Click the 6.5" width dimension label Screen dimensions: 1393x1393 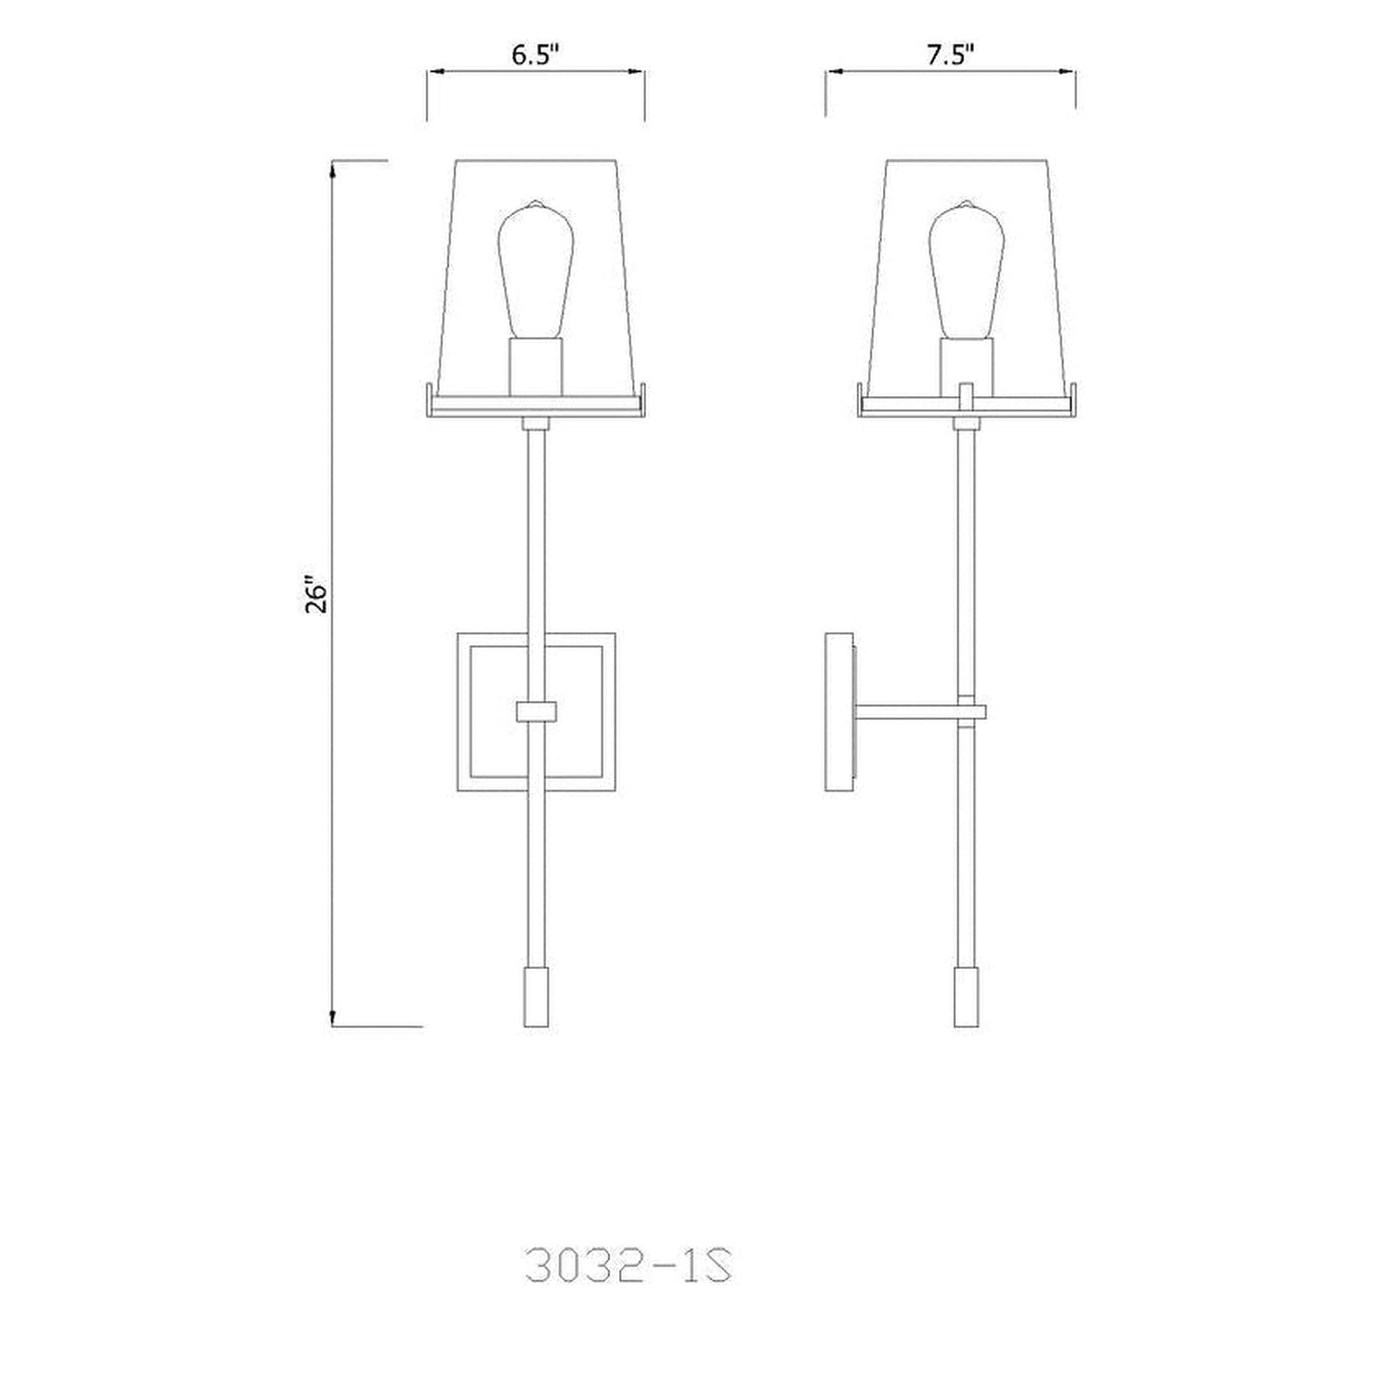click(535, 55)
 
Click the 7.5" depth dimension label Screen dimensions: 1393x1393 click(951, 55)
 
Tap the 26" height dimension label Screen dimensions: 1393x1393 click(317, 595)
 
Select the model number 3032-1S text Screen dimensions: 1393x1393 click(632, 1266)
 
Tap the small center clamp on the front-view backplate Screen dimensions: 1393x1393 click(536, 711)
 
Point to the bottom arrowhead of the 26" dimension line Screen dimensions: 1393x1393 click(333, 1019)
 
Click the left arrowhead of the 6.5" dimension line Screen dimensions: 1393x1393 click(435, 71)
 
